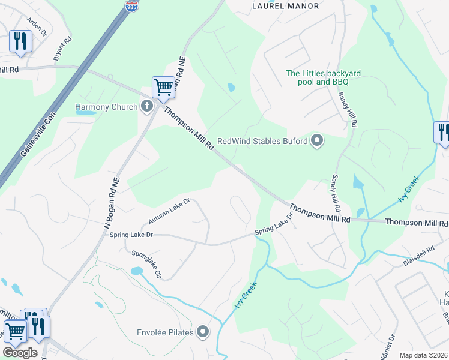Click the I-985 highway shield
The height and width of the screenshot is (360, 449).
(x=131, y=6)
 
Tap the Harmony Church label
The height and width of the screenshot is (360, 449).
(x=103, y=107)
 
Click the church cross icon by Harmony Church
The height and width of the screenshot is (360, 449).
(x=146, y=107)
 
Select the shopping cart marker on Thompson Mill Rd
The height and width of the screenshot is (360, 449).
(x=163, y=88)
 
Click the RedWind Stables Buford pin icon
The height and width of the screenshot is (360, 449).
(x=318, y=142)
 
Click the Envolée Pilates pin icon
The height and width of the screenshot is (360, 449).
(x=203, y=331)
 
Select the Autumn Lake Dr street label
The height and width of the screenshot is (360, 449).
(x=170, y=210)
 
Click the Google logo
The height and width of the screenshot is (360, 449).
(x=20, y=353)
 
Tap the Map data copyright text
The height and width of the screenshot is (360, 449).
(x=423, y=355)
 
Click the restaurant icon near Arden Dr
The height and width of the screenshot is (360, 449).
(x=20, y=41)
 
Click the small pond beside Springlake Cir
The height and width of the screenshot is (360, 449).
(x=136, y=271)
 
